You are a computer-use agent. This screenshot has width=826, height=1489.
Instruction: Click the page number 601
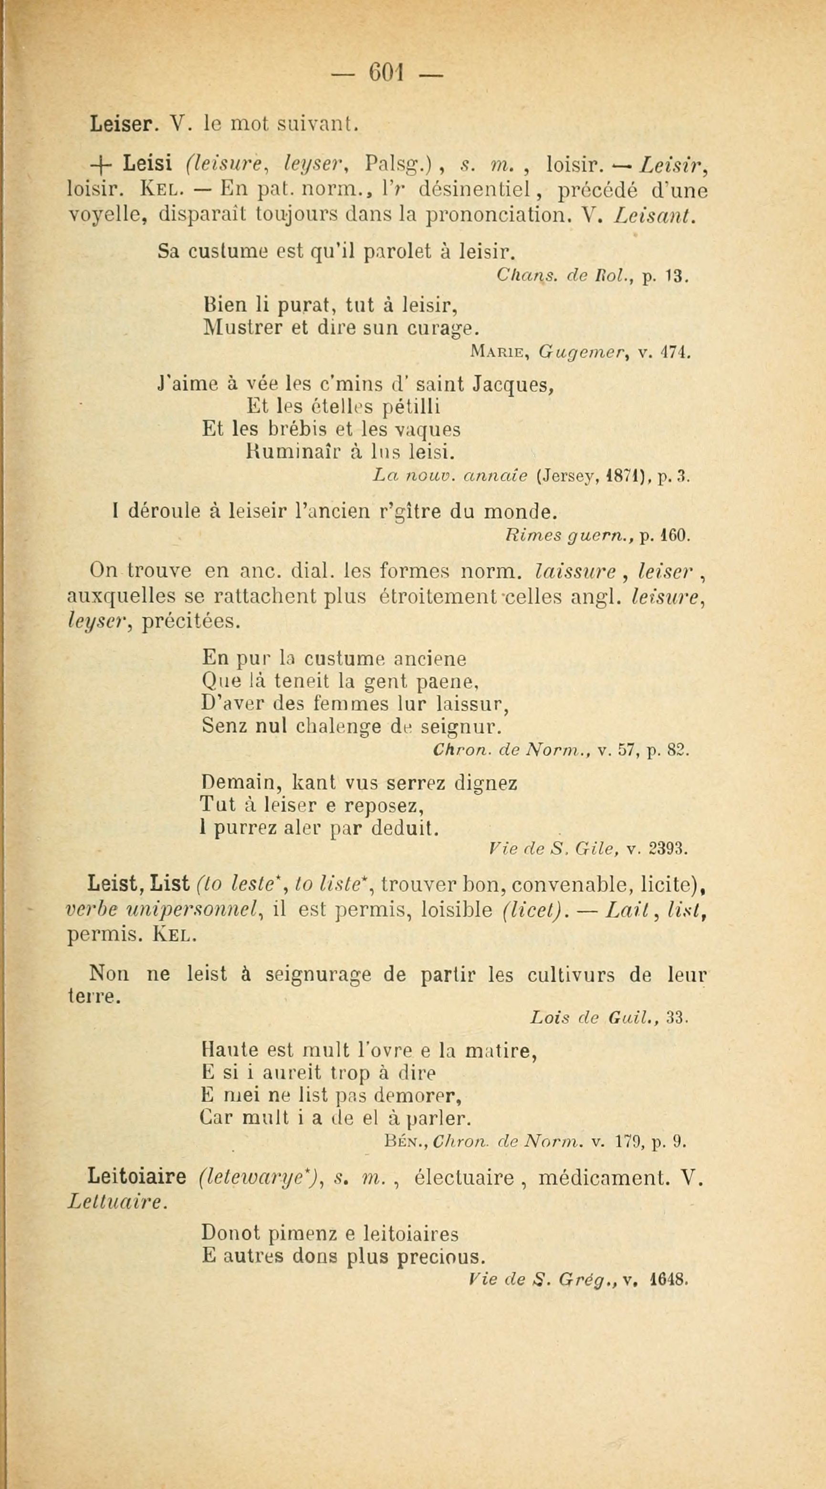click(387, 74)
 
